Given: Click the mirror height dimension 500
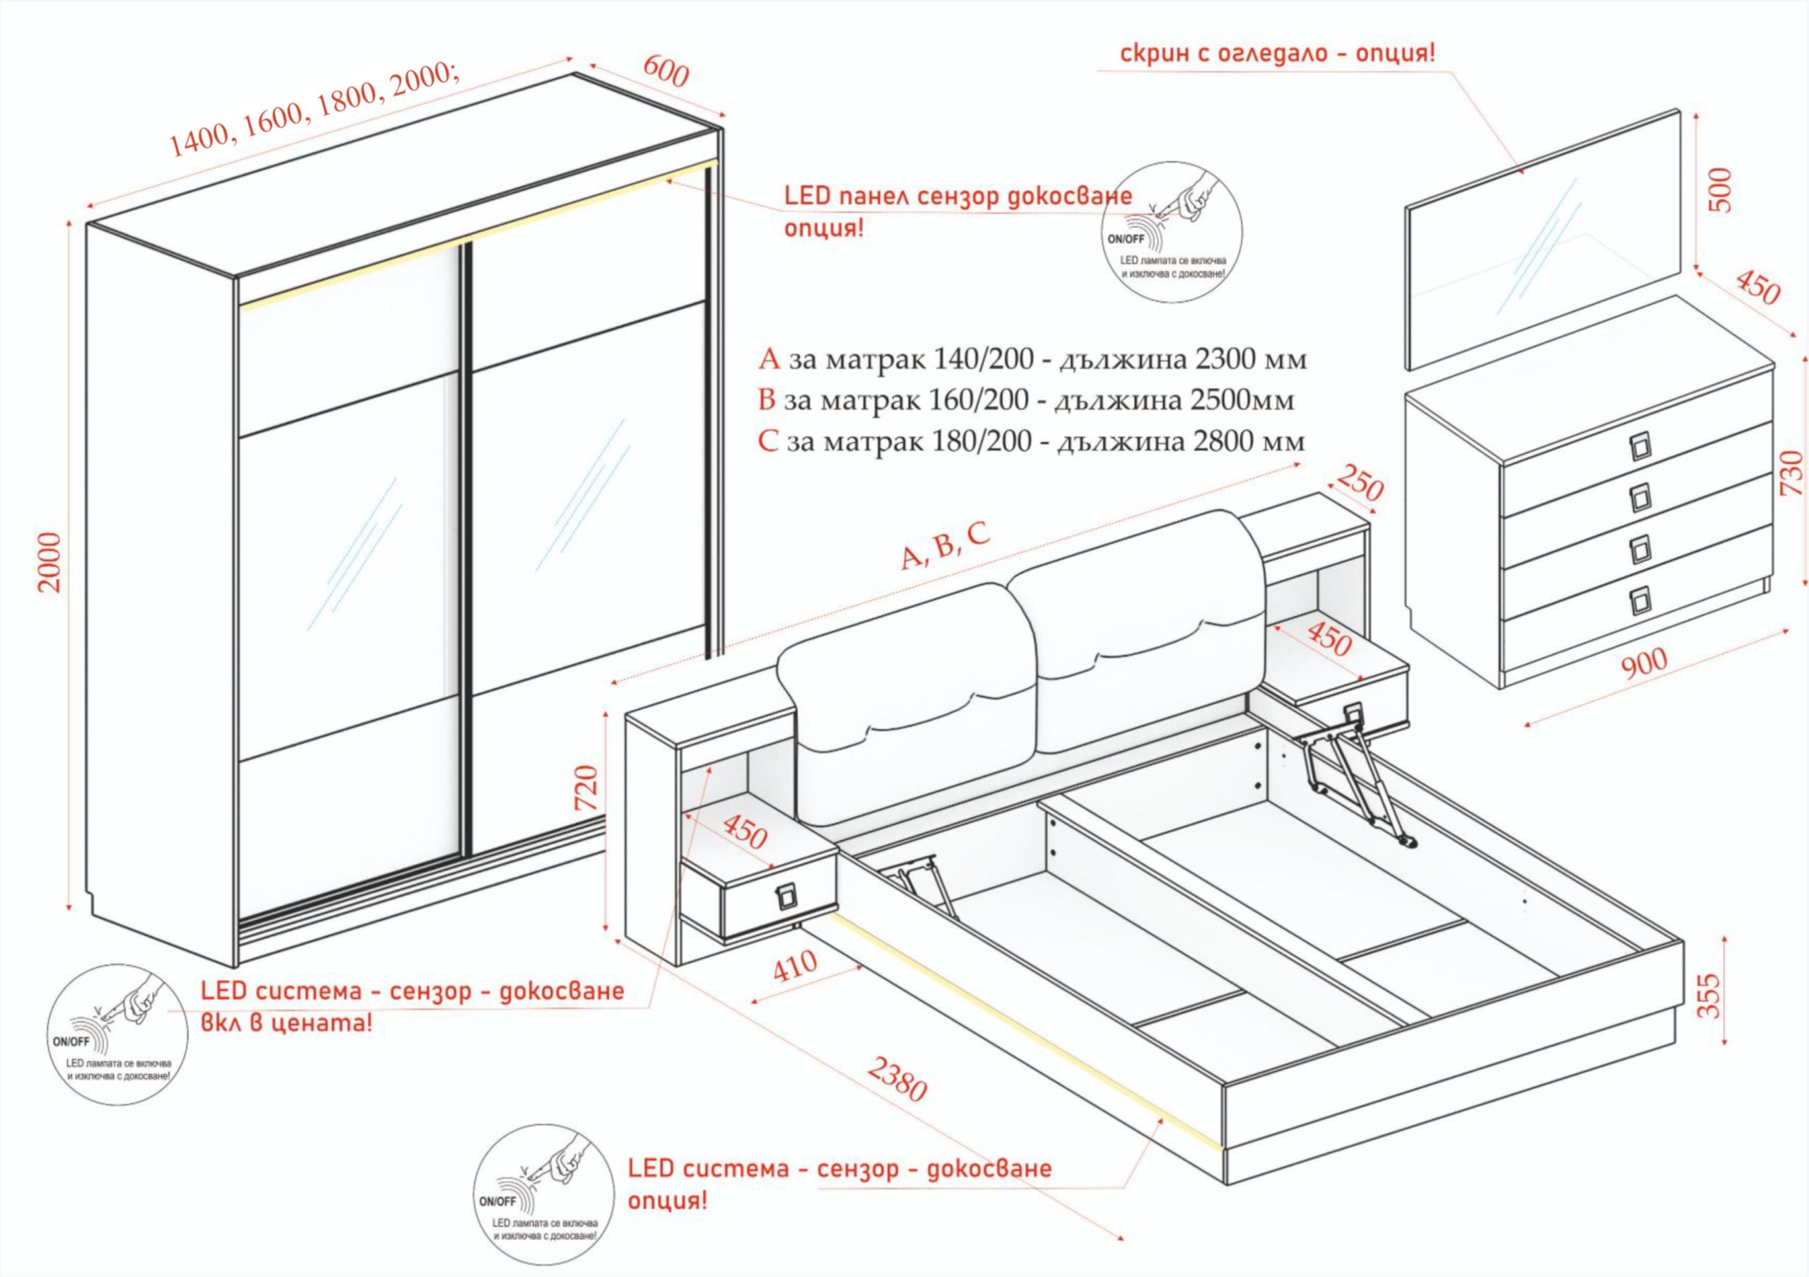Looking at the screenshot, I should pyautogui.click(x=1721, y=190).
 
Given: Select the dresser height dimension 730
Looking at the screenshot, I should pyautogui.click(x=1791, y=472).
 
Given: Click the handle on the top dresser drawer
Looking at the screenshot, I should pyautogui.click(x=1639, y=447).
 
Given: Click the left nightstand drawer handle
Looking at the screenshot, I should pyautogui.click(x=786, y=897).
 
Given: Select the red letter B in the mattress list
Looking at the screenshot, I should pyautogui.click(x=767, y=400).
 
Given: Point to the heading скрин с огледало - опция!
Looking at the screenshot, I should pyautogui.click(x=1277, y=54).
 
